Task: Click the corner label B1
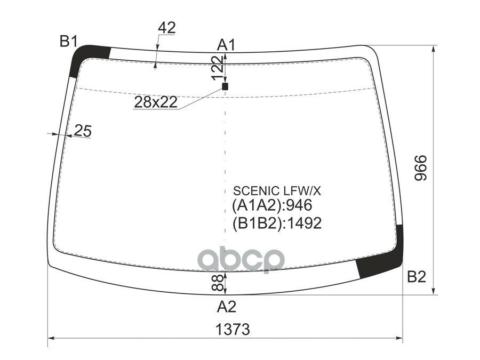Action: point(69,41)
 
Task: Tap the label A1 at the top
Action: point(226,45)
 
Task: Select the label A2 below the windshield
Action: point(227,307)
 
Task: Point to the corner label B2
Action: point(417,277)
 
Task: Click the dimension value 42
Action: point(167,28)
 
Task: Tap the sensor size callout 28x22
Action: point(156,102)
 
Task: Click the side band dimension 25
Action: point(83,131)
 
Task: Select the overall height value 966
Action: point(420,168)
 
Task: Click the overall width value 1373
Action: point(233,330)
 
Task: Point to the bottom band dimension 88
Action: point(217,283)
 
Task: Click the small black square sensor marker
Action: point(225,86)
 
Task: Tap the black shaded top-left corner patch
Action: point(86,58)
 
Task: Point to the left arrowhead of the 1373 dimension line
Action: point(51,338)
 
